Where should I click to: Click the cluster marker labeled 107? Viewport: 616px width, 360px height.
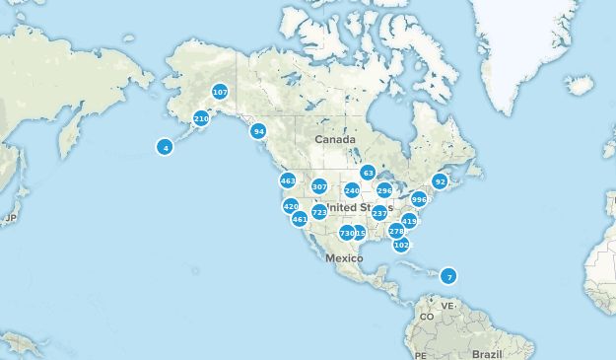[x=220, y=92]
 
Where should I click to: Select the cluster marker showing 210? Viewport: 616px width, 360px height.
[x=201, y=118]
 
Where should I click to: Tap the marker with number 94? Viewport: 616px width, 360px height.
[x=258, y=131]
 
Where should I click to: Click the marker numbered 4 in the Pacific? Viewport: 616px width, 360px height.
[x=165, y=147]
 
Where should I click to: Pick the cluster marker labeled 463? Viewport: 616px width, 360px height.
[x=288, y=180]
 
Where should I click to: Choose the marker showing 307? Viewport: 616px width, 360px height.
[x=319, y=186]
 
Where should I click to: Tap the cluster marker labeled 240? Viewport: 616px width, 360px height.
[x=352, y=190]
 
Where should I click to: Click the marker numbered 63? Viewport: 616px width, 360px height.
[x=368, y=173]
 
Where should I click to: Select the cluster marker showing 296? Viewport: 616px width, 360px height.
[x=384, y=190]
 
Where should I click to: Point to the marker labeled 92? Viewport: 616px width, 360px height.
[x=440, y=181]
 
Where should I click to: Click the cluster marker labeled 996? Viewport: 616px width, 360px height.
[x=419, y=199]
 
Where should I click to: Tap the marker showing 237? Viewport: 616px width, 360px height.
[x=379, y=213]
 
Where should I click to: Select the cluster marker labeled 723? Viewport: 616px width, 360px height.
[x=319, y=212]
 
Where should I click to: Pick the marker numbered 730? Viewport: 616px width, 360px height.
[x=346, y=233]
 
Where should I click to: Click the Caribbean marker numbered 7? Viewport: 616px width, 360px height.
[x=448, y=276]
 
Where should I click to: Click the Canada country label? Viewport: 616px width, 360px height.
[x=334, y=140]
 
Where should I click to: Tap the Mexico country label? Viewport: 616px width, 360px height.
[x=345, y=257]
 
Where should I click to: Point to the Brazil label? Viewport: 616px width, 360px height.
[x=487, y=353]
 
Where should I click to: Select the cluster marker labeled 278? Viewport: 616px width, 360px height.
[x=396, y=231]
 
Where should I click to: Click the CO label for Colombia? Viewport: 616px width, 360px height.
[x=427, y=317]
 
